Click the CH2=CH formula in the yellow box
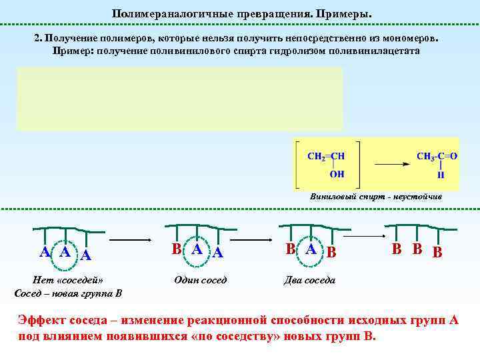326,156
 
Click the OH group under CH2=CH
337,175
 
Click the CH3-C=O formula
437,156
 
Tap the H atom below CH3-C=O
441,175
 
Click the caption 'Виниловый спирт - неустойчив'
375,197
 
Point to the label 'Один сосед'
200,280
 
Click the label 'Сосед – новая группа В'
67,293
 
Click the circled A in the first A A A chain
65,251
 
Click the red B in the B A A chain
176,250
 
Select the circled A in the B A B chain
311,249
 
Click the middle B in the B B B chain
416,250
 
